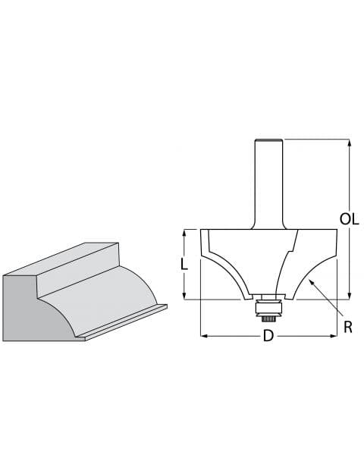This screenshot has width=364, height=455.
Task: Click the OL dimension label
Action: (x=349, y=219)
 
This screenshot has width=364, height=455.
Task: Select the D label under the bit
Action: (x=268, y=336)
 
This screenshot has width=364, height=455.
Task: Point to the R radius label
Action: (x=348, y=327)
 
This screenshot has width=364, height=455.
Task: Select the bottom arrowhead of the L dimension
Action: (x=184, y=295)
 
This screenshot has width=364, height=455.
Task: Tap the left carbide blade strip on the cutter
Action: (x=205, y=246)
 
